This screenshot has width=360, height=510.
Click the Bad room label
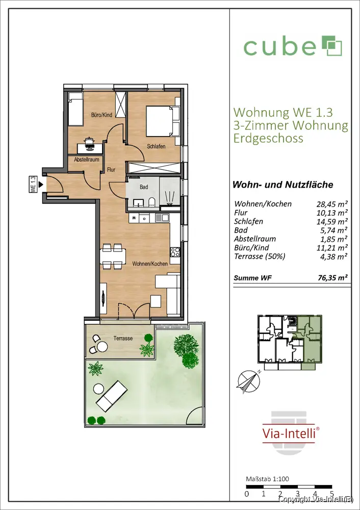pyautogui.click(x=144, y=187)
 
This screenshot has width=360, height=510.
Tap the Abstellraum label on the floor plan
pyautogui.click(x=87, y=160)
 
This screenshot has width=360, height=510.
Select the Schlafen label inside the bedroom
pyautogui.click(x=156, y=146)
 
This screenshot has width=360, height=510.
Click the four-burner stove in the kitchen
pyautogui.click(x=175, y=252)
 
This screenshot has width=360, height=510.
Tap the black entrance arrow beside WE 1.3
pyautogui.click(x=41, y=185)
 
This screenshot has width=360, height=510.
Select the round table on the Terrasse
pyautogui.click(x=102, y=347)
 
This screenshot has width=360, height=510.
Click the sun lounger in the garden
pyautogui.click(x=111, y=395)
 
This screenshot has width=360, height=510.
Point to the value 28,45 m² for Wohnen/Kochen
pyautogui.click(x=332, y=205)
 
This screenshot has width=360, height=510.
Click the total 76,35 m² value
pyautogui.click(x=332, y=278)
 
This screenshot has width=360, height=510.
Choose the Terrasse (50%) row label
pyautogui.click(x=260, y=257)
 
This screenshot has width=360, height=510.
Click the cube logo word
pyautogui.click(x=279, y=47)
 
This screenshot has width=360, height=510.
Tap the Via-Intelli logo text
pyautogui.click(x=289, y=433)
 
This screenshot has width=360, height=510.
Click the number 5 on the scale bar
pyautogui.click(x=331, y=494)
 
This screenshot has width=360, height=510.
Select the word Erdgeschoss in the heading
pyautogui.click(x=268, y=138)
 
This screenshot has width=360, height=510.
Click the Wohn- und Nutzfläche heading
pyautogui.click(x=282, y=185)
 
